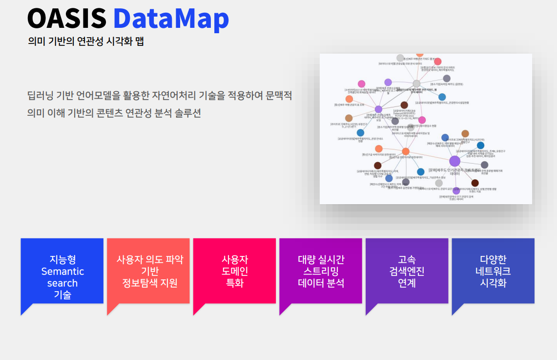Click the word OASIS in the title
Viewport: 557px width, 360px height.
click(x=66, y=19)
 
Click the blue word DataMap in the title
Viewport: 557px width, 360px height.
click(x=171, y=19)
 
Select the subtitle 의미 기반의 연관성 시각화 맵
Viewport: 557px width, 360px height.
click(x=86, y=42)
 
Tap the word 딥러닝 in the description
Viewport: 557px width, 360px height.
click(x=40, y=95)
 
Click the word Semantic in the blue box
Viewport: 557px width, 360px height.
click(x=62, y=272)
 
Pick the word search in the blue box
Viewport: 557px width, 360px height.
click(x=62, y=283)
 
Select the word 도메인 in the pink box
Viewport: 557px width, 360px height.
click(x=235, y=272)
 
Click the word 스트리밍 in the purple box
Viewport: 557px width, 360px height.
click(x=321, y=272)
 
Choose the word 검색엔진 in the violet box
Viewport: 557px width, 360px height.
click(x=407, y=272)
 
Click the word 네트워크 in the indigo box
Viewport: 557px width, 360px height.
click(x=493, y=272)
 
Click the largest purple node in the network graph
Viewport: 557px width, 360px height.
click(x=454, y=161)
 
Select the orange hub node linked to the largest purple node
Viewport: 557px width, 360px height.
click(x=406, y=151)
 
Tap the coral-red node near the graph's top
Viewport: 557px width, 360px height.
click(x=438, y=62)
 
